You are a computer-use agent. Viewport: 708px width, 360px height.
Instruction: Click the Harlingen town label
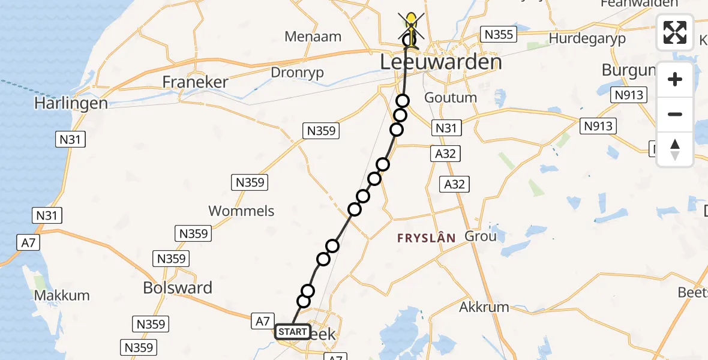(x=71, y=103)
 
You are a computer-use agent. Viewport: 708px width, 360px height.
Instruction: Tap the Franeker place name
(x=196, y=82)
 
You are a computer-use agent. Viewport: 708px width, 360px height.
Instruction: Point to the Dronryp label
(x=298, y=72)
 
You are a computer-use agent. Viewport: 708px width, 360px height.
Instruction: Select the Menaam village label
(x=313, y=37)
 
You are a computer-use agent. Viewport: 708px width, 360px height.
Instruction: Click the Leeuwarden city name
(x=440, y=62)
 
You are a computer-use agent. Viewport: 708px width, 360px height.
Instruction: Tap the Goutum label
(x=450, y=97)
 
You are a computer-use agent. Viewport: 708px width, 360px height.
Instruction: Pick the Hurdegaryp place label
(x=587, y=39)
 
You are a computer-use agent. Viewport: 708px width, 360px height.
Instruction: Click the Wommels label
(x=241, y=211)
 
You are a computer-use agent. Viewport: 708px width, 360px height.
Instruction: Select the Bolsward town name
(x=178, y=288)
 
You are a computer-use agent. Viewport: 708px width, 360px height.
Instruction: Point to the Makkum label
(x=62, y=295)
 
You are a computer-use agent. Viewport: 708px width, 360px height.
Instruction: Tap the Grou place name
(x=481, y=236)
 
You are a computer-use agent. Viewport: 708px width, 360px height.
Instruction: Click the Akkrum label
(x=484, y=307)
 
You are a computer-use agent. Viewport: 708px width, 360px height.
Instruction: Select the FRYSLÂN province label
(x=426, y=238)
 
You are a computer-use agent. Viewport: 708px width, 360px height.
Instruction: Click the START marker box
(x=293, y=332)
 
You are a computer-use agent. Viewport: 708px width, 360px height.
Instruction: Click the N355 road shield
(x=499, y=34)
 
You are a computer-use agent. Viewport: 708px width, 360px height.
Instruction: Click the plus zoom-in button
(x=675, y=79)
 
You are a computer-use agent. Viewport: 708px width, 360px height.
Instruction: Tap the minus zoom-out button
(x=675, y=114)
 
